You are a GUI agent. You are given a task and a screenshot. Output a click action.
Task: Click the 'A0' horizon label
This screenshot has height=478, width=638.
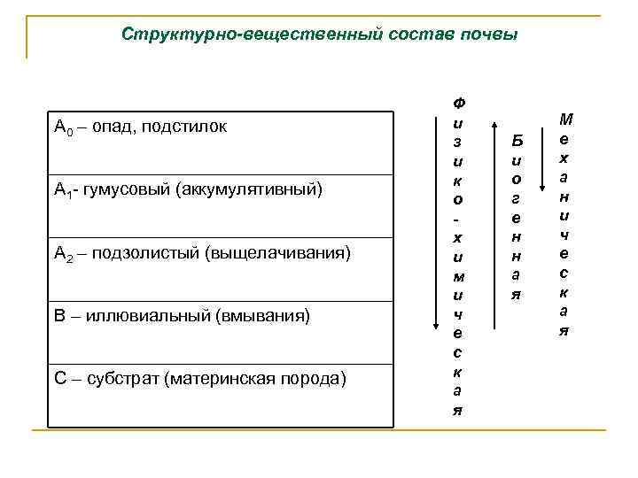[62, 127]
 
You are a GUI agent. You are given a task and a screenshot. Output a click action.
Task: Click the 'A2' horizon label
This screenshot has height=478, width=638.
[63, 254]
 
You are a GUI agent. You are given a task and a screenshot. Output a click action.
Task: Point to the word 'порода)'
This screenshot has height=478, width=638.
[316, 379]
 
